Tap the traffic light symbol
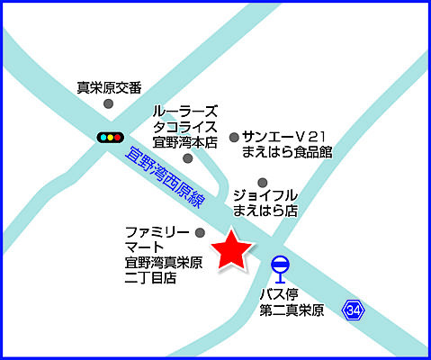[x=110, y=137]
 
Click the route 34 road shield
[x=353, y=310]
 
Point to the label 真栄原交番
[x=109, y=87]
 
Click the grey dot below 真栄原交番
[x=109, y=104]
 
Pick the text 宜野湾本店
[x=185, y=141]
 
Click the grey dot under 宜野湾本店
[x=187, y=158]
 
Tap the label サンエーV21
[x=282, y=136]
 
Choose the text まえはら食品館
[x=287, y=152]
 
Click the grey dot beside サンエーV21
[x=234, y=137]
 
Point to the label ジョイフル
[x=265, y=195]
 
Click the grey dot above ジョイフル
[x=263, y=180]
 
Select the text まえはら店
[x=265, y=211]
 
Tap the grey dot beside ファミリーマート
[x=200, y=233]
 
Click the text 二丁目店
[x=150, y=278]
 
